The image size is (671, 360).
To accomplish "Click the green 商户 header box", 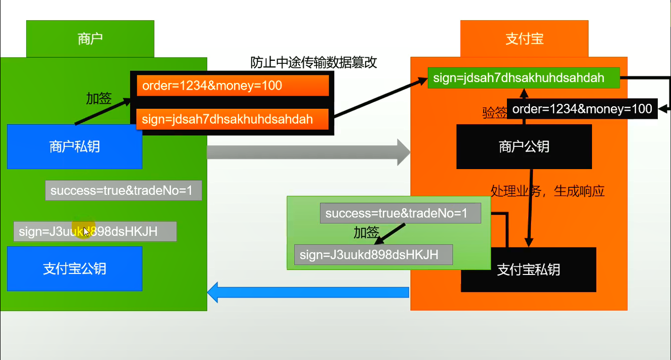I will click(x=90, y=39).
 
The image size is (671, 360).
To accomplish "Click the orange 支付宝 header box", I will click(x=524, y=39).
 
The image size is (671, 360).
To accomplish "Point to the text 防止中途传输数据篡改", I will click(x=314, y=63).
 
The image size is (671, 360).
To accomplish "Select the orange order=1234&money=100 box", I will click(x=233, y=86).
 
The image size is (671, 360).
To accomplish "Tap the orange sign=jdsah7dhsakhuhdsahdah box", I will click(x=233, y=119).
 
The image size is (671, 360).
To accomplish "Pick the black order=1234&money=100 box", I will click(x=582, y=109).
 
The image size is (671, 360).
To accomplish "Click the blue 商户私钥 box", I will click(x=74, y=147).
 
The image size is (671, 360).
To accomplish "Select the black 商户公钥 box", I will click(x=524, y=147).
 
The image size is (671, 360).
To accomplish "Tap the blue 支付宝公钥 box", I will click(x=74, y=268).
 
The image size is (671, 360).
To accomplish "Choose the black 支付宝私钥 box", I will click(x=529, y=269).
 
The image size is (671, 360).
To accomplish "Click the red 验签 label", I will click(x=494, y=113).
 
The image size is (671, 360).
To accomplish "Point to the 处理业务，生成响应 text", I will click(x=547, y=191).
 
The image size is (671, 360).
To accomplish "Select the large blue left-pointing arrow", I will click(x=308, y=292).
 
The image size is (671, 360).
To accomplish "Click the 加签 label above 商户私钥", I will click(x=99, y=99).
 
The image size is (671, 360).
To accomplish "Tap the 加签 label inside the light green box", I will click(x=366, y=233).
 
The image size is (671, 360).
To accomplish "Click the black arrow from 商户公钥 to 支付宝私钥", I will click(x=530, y=208).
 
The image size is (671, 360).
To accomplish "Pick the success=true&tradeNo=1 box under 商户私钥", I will click(x=124, y=191).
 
